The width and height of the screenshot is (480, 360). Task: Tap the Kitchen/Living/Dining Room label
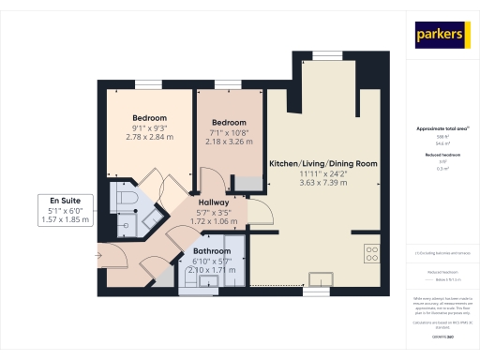[x=322, y=163]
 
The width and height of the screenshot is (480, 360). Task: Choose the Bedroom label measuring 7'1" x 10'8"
[x=229, y=123]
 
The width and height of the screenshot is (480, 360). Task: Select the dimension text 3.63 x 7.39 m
[x=322, y=184]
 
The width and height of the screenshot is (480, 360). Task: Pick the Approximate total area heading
[x=442, y=127]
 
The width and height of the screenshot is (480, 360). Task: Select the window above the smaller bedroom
[x=228, y=84]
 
